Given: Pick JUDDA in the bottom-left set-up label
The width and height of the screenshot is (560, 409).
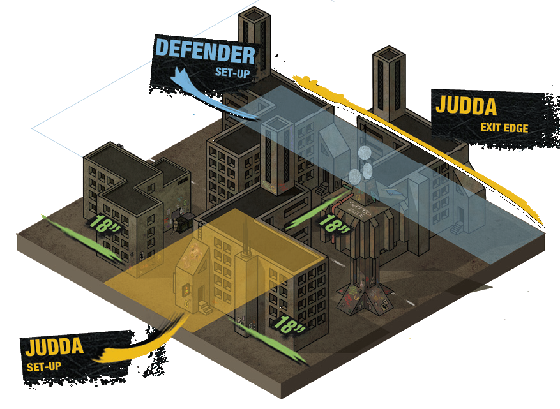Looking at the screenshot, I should coord(56,348).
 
